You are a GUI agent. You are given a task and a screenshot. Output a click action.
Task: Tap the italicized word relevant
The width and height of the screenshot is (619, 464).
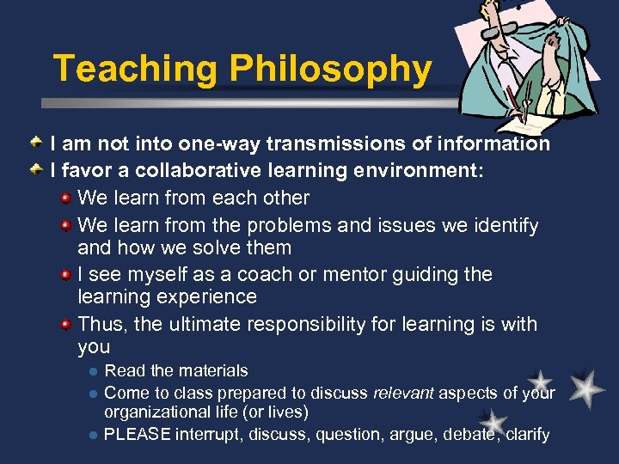point(403,394)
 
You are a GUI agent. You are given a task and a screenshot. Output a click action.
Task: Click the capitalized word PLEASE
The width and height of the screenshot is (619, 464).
point(138,434)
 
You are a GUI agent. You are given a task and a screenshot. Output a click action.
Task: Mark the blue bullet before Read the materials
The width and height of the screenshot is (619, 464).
point(92,372)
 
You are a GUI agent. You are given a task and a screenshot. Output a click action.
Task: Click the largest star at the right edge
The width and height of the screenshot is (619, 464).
point(587,389)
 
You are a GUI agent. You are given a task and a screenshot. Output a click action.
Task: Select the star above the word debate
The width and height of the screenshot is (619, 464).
point(493,422)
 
